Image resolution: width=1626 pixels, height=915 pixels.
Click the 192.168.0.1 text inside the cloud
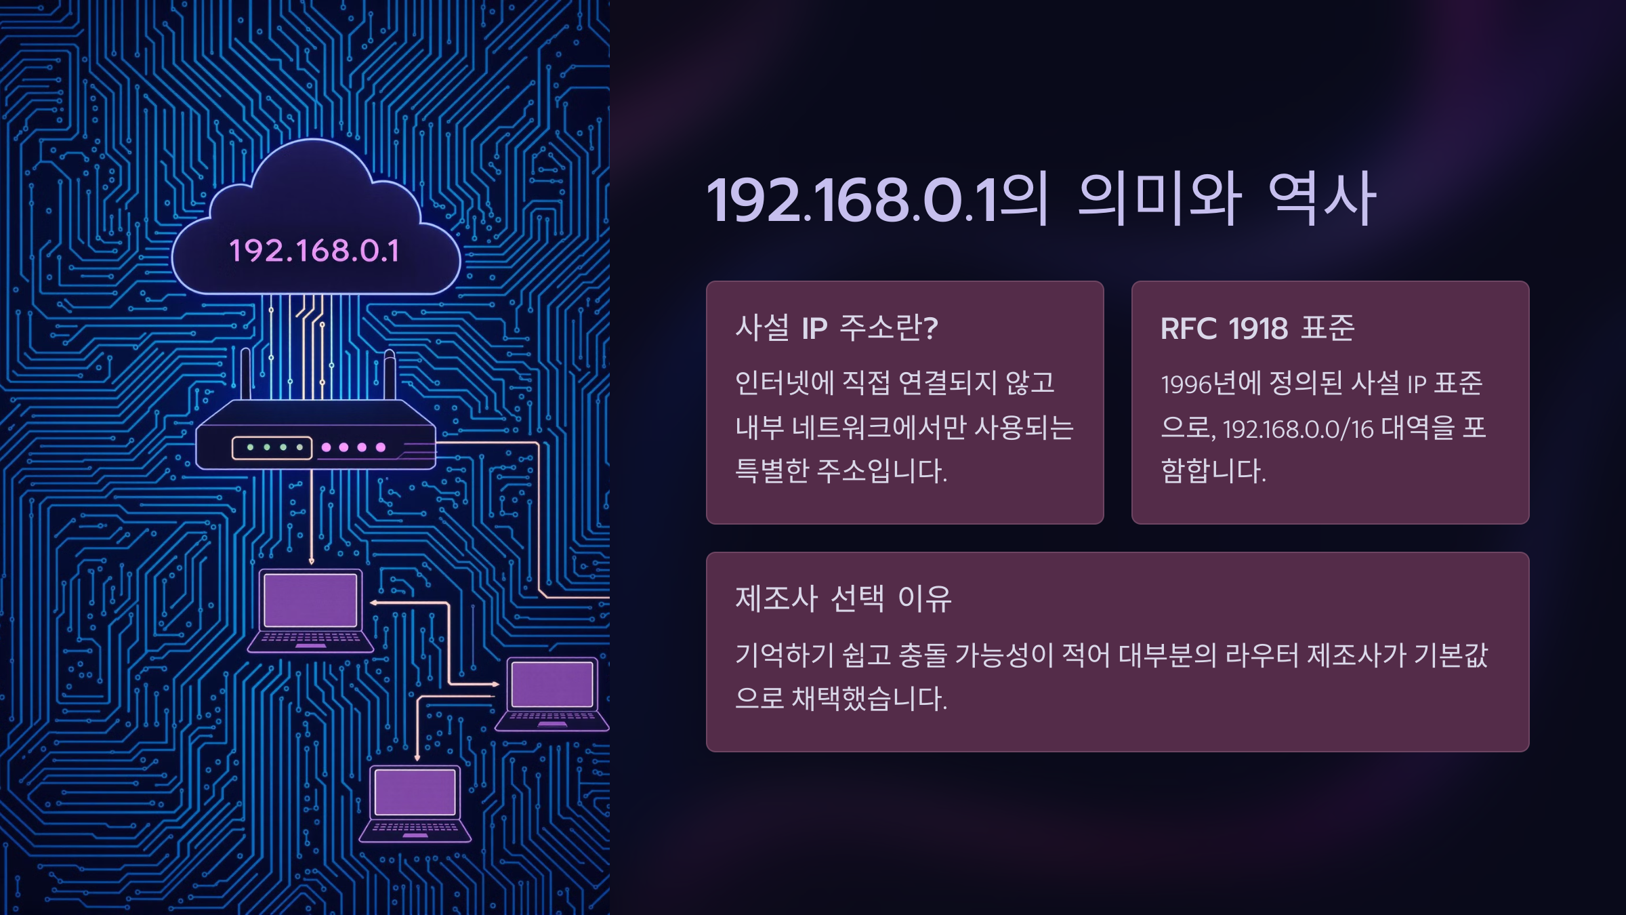point(314,251)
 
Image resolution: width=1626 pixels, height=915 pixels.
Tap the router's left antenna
point(245,373)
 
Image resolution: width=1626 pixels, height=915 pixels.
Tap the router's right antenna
point(390,374)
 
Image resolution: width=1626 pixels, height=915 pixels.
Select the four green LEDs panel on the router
point(272,447)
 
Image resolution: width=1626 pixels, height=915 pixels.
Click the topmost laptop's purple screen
point(310,600)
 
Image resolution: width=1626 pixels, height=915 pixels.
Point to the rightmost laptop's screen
point(552,685)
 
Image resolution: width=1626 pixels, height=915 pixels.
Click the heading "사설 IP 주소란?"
point(836,328)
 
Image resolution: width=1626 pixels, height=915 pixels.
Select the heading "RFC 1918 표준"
point(1257,328)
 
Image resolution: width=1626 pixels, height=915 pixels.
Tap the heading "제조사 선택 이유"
point(843,598)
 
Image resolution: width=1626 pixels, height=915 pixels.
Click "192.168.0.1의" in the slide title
point(877,199)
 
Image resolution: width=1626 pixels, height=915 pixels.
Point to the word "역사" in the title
point(1321,199)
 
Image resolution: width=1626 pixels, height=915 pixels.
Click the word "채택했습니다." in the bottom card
point(869,698)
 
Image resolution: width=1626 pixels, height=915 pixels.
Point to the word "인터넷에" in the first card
point(785,383)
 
